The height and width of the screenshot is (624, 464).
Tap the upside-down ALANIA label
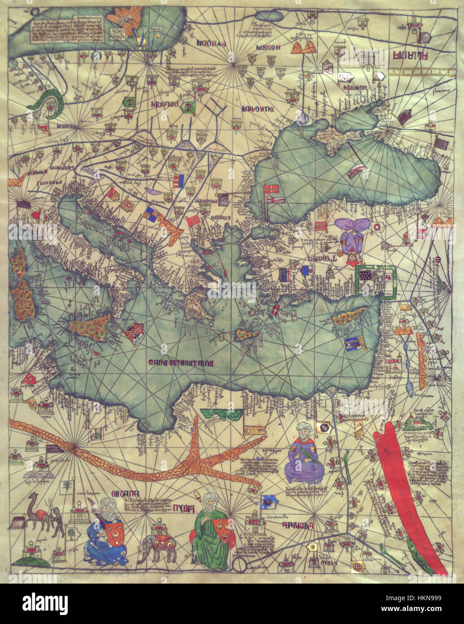click(x=410, y=55)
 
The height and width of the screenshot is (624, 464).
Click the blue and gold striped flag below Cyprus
click(x=356, y=343)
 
